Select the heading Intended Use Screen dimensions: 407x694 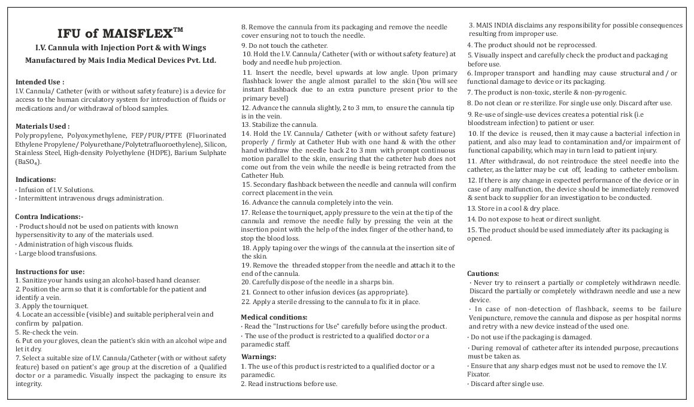40,81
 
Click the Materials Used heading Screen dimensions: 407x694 42,126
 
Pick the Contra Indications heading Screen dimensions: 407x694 49,216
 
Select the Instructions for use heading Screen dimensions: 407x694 50,271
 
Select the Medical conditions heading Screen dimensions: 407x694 274,317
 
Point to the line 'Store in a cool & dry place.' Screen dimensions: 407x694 513,208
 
